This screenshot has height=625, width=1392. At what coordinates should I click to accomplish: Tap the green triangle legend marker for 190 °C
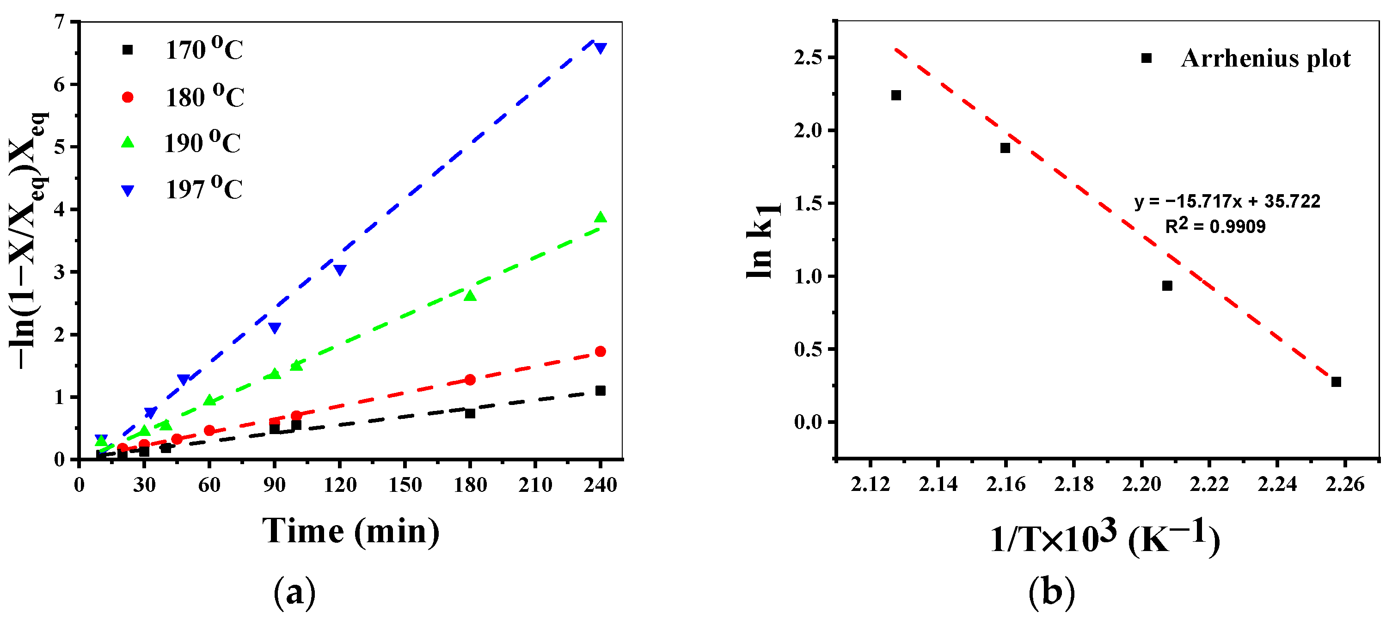128,142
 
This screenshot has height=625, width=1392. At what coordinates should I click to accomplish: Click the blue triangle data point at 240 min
600,49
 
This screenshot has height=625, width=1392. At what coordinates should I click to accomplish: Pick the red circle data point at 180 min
470,380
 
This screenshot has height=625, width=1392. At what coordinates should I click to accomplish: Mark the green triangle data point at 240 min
600,218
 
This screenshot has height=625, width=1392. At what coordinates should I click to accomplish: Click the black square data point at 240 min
600,391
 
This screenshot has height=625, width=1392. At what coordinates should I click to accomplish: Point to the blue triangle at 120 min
339,270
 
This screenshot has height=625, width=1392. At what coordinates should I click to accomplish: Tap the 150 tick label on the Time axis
405,485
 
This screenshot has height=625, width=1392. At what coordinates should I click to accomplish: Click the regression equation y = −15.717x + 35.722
1226,202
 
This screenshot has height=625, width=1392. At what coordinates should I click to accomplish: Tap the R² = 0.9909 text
1215,226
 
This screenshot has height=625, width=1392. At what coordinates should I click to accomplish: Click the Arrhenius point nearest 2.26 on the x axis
1336,382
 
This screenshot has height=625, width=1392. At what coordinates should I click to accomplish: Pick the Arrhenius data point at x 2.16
1005,148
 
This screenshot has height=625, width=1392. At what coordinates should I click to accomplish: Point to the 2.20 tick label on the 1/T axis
1141,484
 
